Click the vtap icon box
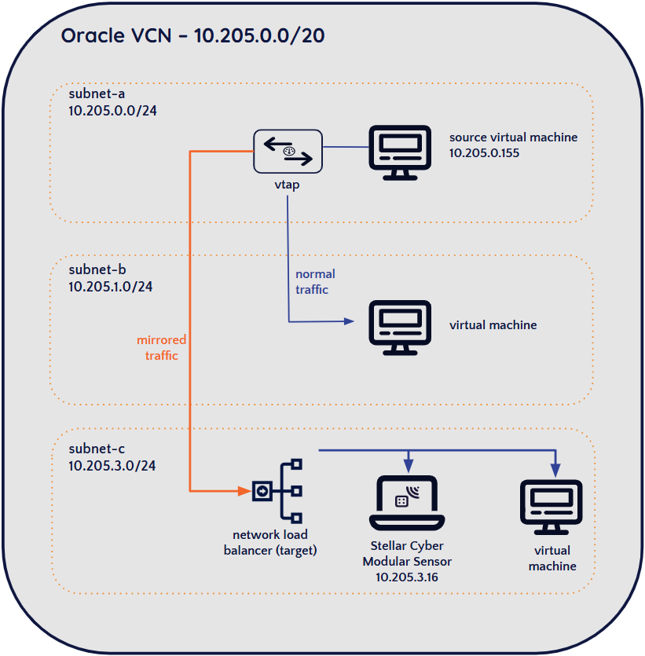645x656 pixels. (x=288, y=151)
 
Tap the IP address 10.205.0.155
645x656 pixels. (x=485, y=152)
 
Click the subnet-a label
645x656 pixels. (x=97, y=94)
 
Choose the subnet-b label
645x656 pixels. (x=97, y=270)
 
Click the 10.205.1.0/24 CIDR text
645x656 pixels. (x=111, y=287)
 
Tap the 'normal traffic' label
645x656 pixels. (x=315, y=281)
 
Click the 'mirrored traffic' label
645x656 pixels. (x=162, y=347)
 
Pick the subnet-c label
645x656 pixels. (x=97, y=449)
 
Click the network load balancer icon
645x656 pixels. (x=277, y=491)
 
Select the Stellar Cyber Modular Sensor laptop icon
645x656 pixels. (x=407, y=504)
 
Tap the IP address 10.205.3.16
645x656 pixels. (x=407, y=577)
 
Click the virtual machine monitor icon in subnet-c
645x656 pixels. (x=552, y=504)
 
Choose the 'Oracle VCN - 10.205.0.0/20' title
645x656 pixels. (x=193, y=35)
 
